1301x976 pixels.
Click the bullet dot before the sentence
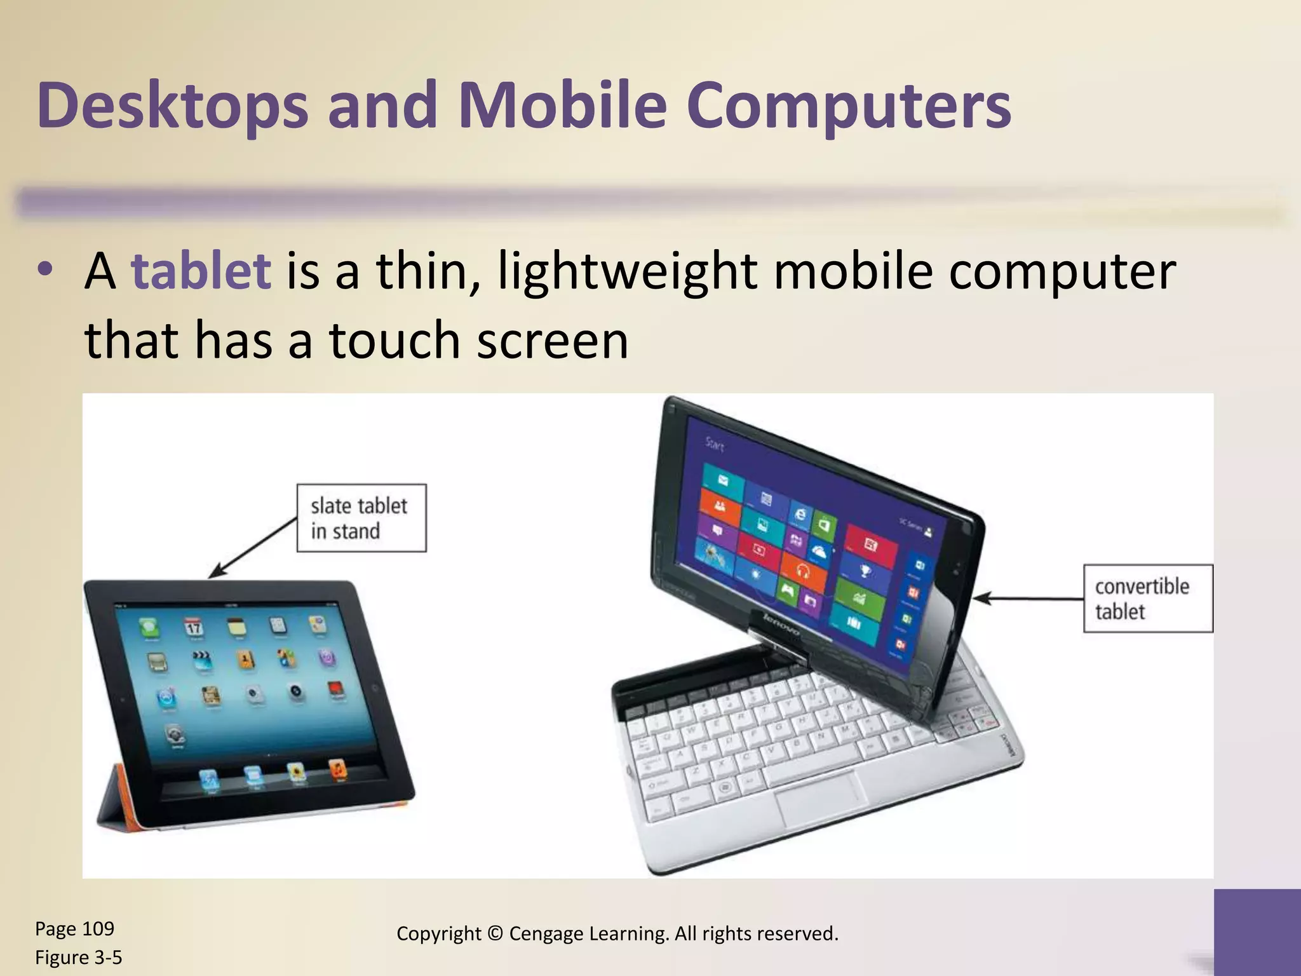pos(44,269)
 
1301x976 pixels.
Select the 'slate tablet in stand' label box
pos(361,518)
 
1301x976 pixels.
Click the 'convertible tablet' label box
pos(1148,599)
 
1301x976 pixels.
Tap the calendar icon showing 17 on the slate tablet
pos(193,628)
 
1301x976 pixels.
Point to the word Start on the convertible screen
pos(715,445)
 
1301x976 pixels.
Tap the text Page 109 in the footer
pos(74,929)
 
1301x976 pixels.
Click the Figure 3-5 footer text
pos(78,957)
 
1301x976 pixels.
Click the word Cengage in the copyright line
pos(546,933)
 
